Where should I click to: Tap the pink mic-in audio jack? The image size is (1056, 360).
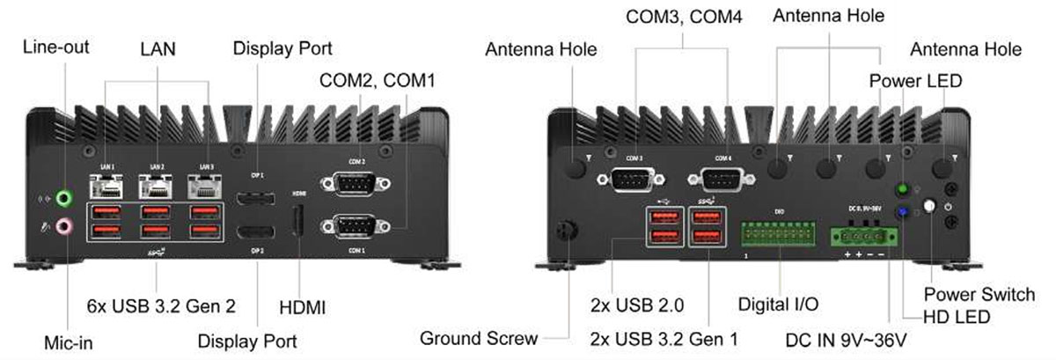point(62,228)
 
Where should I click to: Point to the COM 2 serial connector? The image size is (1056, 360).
point(356,183)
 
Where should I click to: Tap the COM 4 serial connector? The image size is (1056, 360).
point(722,179)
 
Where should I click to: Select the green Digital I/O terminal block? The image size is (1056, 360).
point(778,233)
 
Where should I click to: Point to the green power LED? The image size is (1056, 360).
point(902,189)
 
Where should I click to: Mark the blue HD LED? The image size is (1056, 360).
point(902,212)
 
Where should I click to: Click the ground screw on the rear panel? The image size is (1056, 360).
point(568,230)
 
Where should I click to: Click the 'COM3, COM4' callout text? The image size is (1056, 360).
point(682,17)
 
